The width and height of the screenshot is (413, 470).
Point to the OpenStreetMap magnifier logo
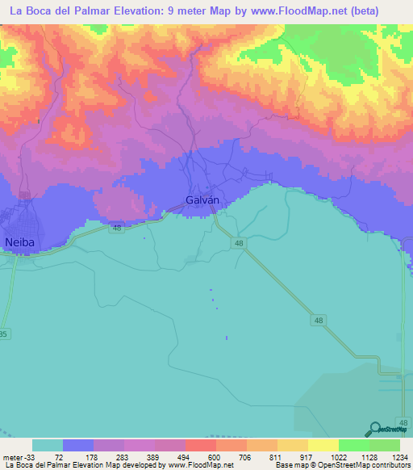click(376, 429)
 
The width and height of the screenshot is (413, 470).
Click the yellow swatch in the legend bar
click(323, 445)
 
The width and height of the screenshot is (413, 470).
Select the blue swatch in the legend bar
click(78, 445)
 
